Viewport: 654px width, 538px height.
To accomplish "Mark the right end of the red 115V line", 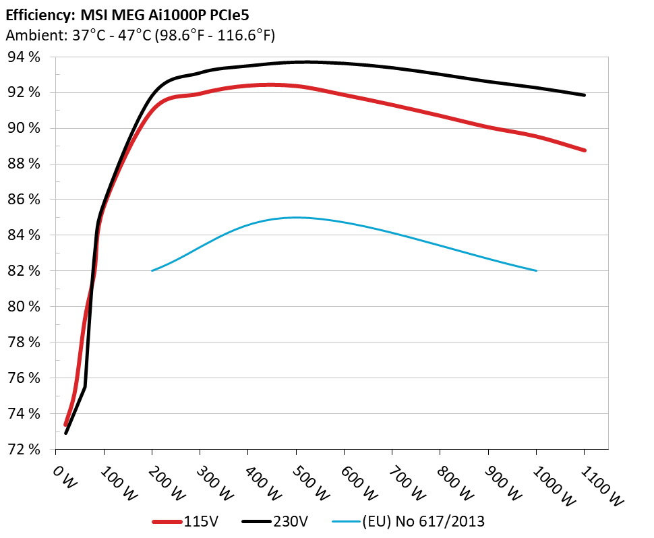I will pos(584,150).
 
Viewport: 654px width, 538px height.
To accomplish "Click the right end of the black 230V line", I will pos(584,95).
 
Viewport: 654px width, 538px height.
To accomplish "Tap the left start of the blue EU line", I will pos(152,270).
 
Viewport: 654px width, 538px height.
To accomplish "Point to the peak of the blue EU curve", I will pos(297,217).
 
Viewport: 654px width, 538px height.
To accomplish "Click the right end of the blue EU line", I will pos(536,270).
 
